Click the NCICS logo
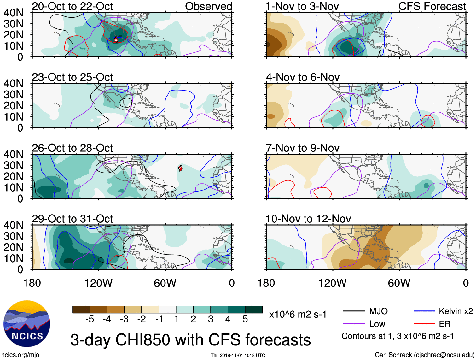pos(27,324)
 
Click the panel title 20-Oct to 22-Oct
pos(72,6)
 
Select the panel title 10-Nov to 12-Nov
pos(308,219)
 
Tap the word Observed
pos(208,6)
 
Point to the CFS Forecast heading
pos(432,6)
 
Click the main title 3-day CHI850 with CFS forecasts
pos(190,340)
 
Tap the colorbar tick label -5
pos(90,319)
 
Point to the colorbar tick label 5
pos(245,319)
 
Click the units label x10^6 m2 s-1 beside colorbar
pos(298,315)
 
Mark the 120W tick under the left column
pos(98,283)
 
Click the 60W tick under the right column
pos(399,283)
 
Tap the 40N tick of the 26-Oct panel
pos(14,154)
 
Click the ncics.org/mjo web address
pos(20,355)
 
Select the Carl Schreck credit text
pos(424,355)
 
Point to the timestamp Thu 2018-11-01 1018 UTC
pos(238,355)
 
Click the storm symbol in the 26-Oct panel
pos(180,168)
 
